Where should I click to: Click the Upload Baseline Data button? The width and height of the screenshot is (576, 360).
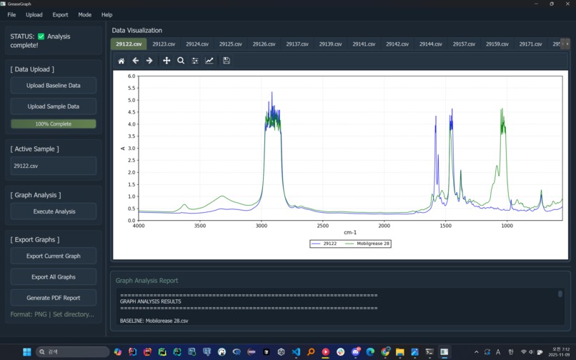point(54,86)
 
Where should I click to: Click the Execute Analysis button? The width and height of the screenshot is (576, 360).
point(54,211)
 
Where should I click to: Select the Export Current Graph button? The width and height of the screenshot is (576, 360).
point(54,256)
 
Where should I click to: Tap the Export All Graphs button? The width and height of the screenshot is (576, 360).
point(54,276)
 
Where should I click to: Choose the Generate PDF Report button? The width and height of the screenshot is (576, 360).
point(54,297)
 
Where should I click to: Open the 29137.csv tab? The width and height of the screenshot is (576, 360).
point(297,44)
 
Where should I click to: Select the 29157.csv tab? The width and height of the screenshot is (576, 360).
point(464,44)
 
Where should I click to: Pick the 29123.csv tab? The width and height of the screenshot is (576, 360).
point(164,44)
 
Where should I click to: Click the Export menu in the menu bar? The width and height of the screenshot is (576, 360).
point(60,14)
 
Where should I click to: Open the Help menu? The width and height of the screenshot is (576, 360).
point(107,14)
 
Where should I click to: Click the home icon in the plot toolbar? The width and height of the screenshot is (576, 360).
point(121,61)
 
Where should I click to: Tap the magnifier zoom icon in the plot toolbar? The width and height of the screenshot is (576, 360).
point(181,61)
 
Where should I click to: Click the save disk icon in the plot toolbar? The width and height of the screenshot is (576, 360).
point(227,61)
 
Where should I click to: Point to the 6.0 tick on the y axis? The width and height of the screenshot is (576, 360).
point(131,76)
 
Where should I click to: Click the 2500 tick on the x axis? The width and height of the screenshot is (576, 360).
point(323,226)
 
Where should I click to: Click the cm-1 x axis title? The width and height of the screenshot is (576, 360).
point(350,232)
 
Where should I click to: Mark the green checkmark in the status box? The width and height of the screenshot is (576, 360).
point(41,36)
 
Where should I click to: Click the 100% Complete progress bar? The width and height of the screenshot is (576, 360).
point(54,124)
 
